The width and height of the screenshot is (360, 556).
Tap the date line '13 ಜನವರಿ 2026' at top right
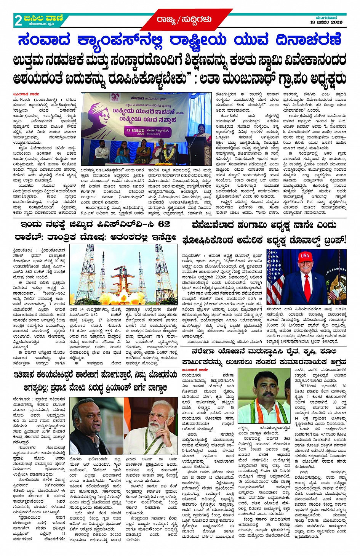326,22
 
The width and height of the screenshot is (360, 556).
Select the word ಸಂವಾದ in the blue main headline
44,40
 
